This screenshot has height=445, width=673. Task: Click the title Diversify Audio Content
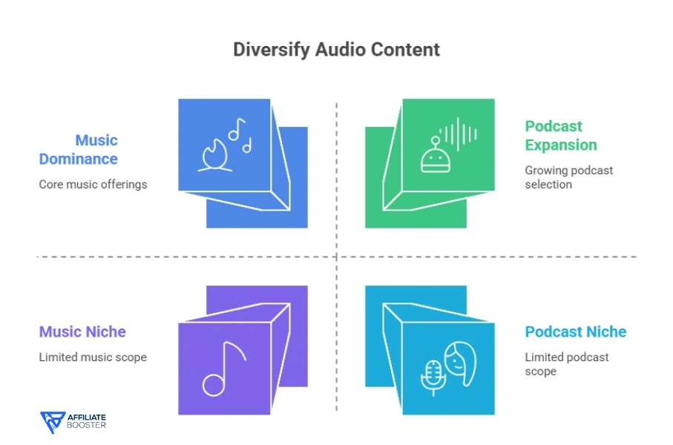336,50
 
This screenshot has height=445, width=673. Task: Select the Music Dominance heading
79,149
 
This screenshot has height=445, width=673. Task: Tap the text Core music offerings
93,184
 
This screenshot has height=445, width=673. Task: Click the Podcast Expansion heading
561,136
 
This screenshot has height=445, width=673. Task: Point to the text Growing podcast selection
569,177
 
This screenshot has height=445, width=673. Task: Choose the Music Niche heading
82,332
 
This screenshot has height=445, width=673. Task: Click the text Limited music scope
93,357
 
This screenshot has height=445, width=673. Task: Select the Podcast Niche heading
576,332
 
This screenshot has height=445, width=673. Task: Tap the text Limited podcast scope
567,363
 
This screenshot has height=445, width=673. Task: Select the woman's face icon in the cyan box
459,363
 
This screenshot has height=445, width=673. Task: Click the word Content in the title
407,50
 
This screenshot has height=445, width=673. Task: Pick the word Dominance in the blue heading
79,159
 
